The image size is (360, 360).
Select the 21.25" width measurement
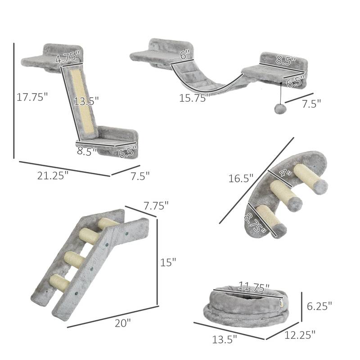point(53,176)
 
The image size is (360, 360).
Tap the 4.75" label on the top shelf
point(67,57)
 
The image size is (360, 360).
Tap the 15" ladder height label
point(168,262)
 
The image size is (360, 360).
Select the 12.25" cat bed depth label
point(300,334)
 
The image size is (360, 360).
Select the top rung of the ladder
point(108,223)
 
